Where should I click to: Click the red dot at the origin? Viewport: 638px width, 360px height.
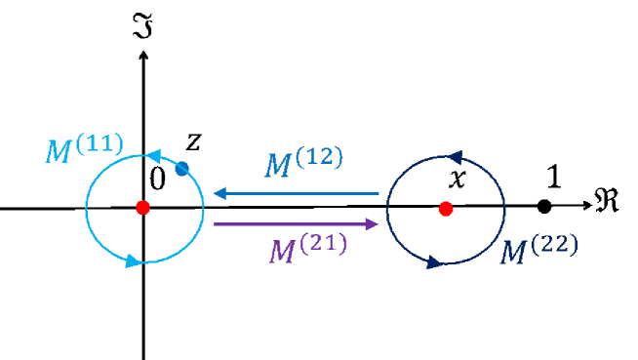pyautogui.click(x=143, y=208)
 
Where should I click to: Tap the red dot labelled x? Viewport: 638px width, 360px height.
pyautogui.click(x=446, y=208)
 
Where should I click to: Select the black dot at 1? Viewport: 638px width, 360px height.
pyautogui.click(x=545, y=206)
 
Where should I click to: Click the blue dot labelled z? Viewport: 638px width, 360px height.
pyautogui.click(x=181, y=168)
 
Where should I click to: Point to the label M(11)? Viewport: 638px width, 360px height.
pyautogui.click(x=84, y=148)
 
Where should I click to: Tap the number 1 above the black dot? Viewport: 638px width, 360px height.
pyautogui.click(x=552, y=178)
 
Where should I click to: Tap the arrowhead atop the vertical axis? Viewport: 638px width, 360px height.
pyautogui.click(x=143, y=53)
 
